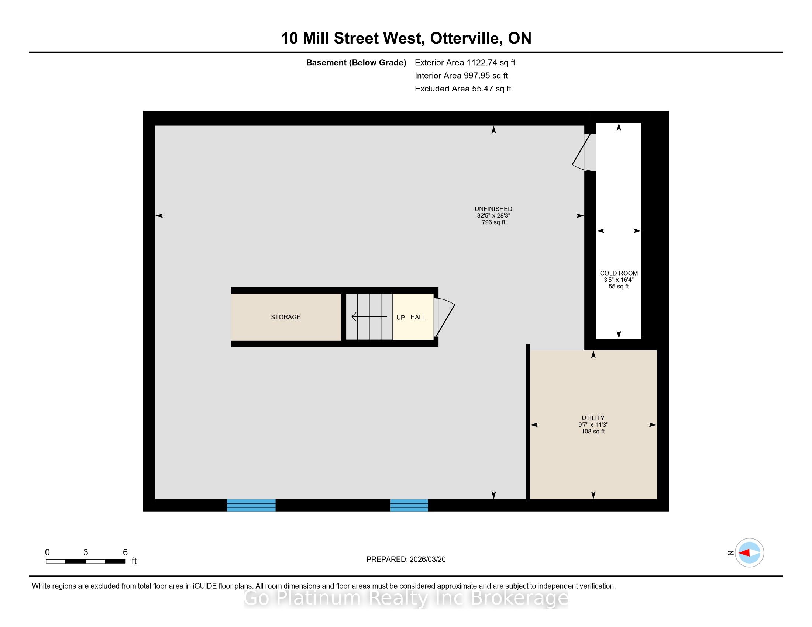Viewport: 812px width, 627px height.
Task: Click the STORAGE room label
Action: (286, 317)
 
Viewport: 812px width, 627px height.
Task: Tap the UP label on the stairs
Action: (400, 317)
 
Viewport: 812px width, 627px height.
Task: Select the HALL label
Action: (418, 317)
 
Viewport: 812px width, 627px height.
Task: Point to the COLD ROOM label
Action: (619, 273)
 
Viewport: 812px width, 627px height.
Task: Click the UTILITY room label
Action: (593, 418)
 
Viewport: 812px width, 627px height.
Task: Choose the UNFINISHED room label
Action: (493, 209)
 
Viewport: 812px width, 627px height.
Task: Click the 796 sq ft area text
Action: (493, 222)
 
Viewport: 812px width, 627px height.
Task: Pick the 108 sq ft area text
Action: (593, 431)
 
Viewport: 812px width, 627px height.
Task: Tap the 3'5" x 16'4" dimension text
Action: (619, 280)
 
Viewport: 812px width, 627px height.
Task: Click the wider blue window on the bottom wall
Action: (251, 505)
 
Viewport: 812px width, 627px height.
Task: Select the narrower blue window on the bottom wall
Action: (409, 505)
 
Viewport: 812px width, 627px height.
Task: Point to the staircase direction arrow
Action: (369, 317)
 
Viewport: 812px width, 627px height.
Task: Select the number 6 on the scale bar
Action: (125, 552)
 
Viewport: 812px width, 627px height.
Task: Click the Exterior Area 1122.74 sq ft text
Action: (465, 62)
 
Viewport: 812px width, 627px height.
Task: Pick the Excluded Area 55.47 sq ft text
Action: (463, 89)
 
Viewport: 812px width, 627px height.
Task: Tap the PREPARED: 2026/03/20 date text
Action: (406, 559)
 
